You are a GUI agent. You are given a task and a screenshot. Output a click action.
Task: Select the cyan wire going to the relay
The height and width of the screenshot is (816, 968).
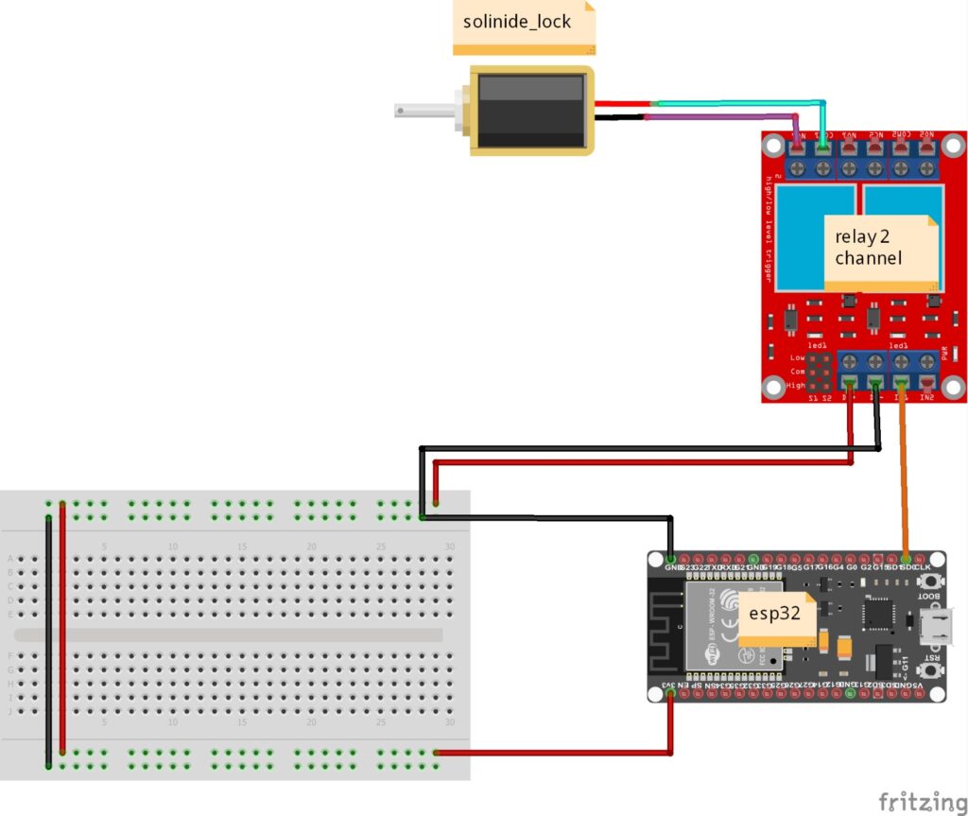737,102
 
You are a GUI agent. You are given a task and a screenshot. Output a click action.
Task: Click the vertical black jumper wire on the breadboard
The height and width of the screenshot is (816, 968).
48,643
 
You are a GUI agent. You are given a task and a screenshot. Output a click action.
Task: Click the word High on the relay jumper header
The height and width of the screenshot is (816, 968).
796,386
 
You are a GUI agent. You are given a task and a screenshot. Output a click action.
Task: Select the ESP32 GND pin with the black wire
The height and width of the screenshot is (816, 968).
670,559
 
